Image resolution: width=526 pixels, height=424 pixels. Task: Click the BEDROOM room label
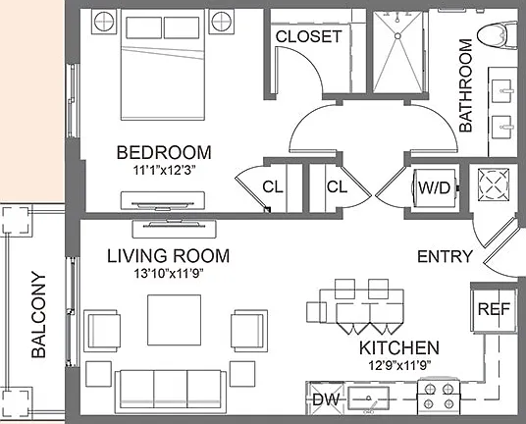pyautogui.click(x=164, y=153)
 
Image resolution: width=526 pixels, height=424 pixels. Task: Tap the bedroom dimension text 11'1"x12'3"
pyautogui.click(x=164, y=171)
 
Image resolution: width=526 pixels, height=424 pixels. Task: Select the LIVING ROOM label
pyautogui.click(x=169, y=256)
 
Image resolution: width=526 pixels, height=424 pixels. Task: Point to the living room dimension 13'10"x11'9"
pyautogui.click(x=169, y=274)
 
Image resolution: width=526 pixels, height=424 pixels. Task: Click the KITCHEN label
pyautogui.click(x=399, y=347)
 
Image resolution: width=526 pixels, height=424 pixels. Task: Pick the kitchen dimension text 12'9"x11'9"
pyautogui.click(x=399, y=365)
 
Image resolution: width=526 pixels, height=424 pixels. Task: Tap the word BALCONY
pyautogui.click(x=38, y=315)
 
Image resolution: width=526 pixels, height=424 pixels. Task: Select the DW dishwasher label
pyautogui.click(x=326, y=399)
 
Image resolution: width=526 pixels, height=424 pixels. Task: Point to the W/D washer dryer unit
pyautogui.click(x=435, y=187)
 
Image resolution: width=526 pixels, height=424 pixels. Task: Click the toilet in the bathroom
pyautogui.click(x=498, y=34)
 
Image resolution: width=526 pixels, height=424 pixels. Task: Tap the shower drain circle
pyautogui.click(x=397, y=36)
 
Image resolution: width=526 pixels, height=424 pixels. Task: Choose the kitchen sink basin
pyautogui.click(x=368, y=397)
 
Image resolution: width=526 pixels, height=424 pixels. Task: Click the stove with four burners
pyautogui.click(x=439, y=397)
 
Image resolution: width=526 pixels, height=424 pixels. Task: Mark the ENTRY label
pyautogui.click(x=445, y=256)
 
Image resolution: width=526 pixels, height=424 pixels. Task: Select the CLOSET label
pyautogui.click(x=308, y=36)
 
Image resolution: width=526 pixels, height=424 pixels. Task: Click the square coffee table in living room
pyautogui.click(x=174, y=320)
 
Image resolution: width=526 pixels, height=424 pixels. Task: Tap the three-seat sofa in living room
pyautogui.click(x=171, y=392)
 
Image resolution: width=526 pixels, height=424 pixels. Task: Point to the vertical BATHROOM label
pyautogui.click(x=465, y=85)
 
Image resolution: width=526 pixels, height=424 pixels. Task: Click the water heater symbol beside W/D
pyautogui.click(x=494, y=185)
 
